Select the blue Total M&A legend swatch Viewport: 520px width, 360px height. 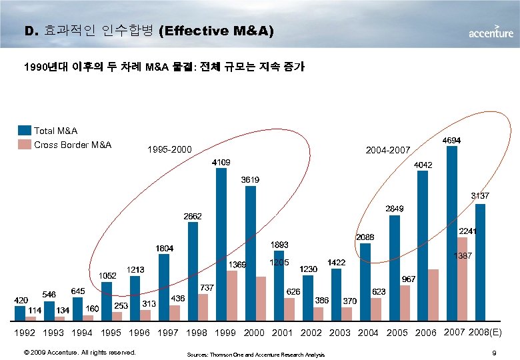(x=25, y=131)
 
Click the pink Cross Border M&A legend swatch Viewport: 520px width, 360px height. (x=25, y=145)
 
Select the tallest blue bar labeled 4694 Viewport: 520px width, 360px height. (x=451, y=233)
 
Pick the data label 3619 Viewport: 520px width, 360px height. (x=251, y=180)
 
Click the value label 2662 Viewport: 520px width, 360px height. (x=193, y=217)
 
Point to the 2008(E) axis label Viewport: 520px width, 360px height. (x=489, y=332)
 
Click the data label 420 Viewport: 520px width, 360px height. (x=21, y=301)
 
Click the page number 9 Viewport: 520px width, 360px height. (x=492, y=352)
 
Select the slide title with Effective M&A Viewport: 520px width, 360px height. (x=149, y=31)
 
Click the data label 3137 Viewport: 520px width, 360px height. (x=480, y=196)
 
